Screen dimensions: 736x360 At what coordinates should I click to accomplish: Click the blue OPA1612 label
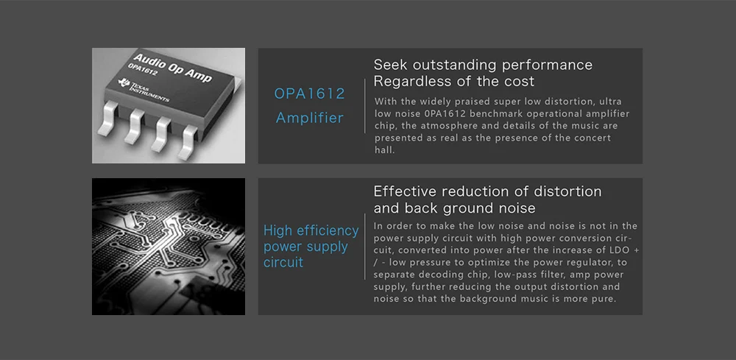point(309,93)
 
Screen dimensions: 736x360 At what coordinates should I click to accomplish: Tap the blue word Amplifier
point(309,117)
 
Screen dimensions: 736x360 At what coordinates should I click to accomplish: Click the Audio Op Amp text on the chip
point(171,67)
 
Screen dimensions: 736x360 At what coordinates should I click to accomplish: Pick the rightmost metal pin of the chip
point(188,139)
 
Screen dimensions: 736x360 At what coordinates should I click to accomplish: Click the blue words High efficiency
point(311,230)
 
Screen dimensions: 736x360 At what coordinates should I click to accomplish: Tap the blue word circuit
point(283,262)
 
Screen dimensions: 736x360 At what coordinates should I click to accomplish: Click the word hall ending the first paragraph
point(384,150)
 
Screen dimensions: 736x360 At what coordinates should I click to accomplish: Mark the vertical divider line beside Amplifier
point(365,106)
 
